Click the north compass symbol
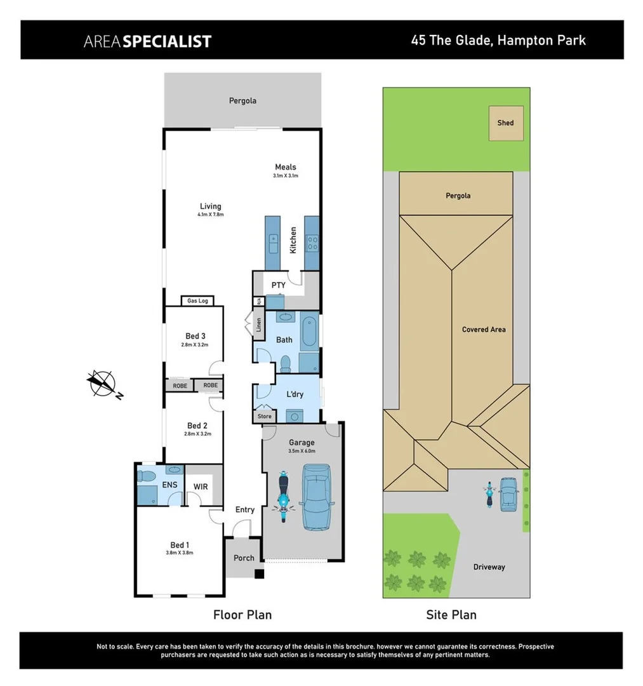(102, 384)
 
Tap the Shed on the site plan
(505, 123)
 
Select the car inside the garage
(315, 497)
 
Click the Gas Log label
(197, 300)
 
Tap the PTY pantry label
(278, 285)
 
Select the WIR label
(201, 487)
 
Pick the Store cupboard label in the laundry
(265, 417)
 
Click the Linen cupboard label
(258, 325)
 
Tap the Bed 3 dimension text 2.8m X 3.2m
(195, 345)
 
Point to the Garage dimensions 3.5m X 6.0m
(302, 451)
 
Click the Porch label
(244, 558)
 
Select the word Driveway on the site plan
(489, 567)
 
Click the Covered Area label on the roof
(484, 330)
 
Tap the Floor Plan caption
(242, 614)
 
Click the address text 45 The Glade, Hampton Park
(498, 41)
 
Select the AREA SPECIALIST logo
(147, 41)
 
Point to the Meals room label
(286, 167)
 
